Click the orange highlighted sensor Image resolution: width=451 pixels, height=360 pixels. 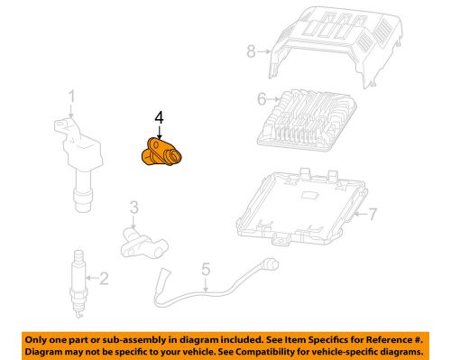[159, 152]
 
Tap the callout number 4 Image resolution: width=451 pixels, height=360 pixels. [159, 116]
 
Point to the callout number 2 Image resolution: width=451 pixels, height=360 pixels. [103, 279]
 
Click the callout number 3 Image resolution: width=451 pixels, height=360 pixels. [133, 208]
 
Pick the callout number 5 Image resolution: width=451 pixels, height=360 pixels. [205, 267]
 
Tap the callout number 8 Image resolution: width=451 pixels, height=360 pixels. [253, 51]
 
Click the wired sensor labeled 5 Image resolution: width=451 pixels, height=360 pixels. [216, 280]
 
